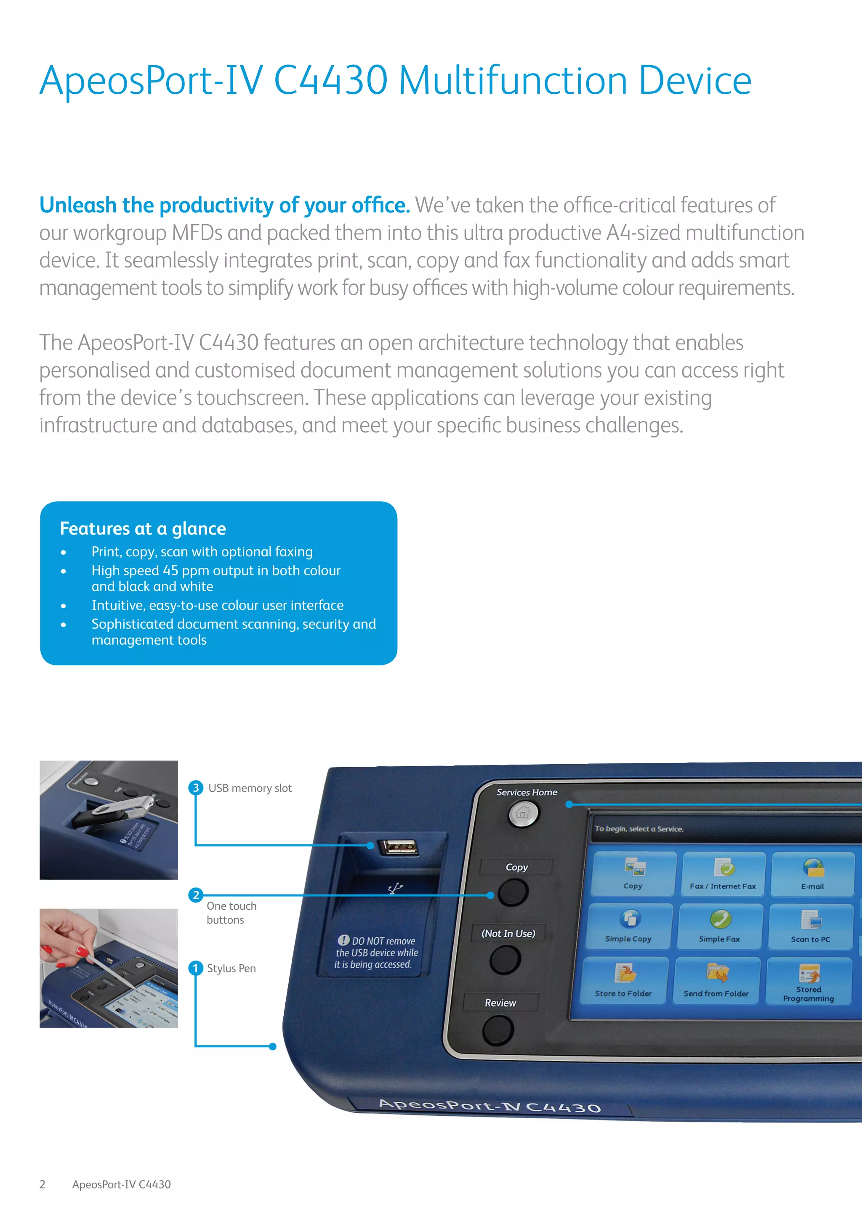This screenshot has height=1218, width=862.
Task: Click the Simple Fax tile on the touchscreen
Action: click(x=720, y=926)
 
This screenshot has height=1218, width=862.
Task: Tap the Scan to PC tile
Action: click(x=811, y=926)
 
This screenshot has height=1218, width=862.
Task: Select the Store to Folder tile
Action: click(x=624, y=980)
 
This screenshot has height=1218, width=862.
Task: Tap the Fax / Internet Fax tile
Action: click(x=724, y=873)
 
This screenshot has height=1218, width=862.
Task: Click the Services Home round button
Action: click(x=523, y=813)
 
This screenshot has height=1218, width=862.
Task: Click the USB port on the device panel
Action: click(x=398, y=847)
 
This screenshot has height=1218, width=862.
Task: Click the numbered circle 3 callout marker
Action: click(x=196, y=787)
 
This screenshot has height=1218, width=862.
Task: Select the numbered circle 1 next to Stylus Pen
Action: click(x=196, y=968)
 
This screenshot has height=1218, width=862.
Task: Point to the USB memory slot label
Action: click(x=250, y=788)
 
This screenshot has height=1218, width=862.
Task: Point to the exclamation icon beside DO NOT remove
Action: click(x=343, y=940)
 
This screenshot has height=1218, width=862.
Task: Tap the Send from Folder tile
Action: click(x=716, y=980)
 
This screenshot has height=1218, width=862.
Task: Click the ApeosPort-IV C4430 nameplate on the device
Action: click(x=490, y=1106)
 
